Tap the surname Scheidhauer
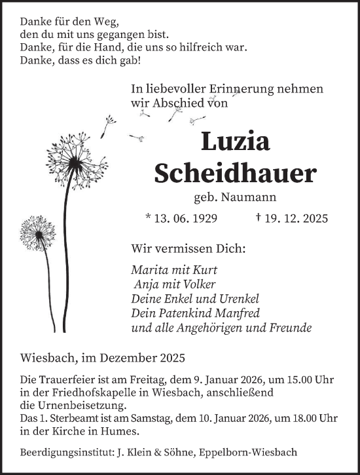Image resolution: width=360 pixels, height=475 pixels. [x=235, y=173]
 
